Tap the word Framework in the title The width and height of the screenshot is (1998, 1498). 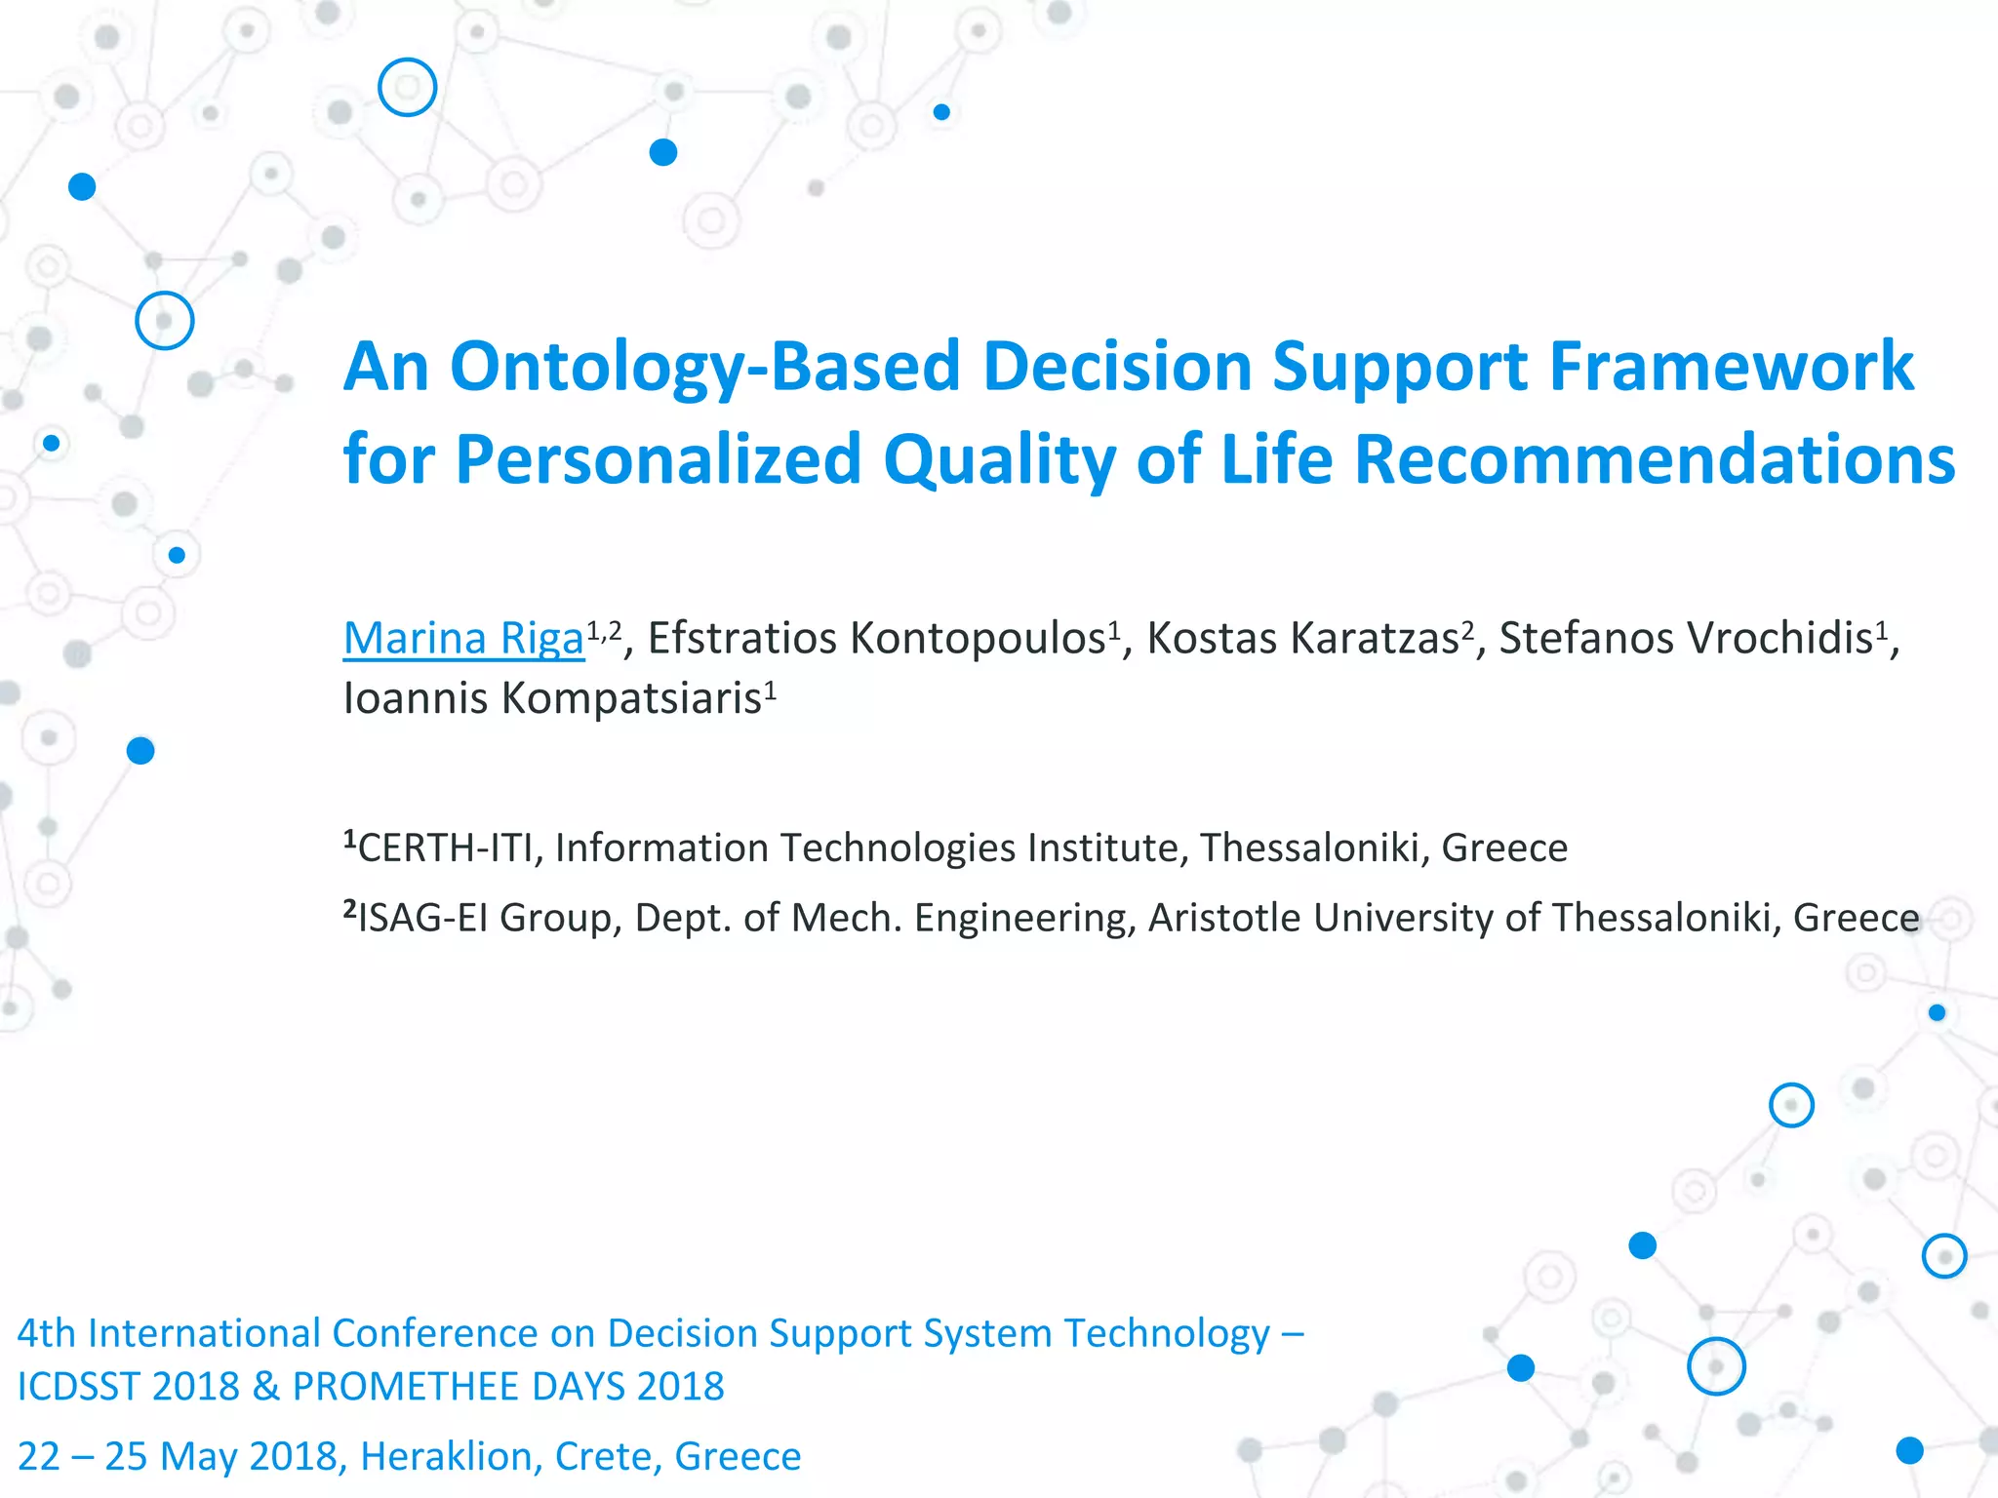tap(1731, 368)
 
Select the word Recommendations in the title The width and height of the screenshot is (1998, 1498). tap(1655, 459)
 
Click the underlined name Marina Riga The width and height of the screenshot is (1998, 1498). tap(463, 639)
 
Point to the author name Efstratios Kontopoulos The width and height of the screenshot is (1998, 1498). tap(876, 639)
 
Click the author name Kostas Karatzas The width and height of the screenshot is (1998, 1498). tap(1302, 639)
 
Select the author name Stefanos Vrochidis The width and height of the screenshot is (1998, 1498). tap(1686, 639)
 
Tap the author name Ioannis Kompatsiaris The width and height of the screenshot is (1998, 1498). tap(552, 698)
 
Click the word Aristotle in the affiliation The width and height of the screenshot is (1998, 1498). tap(1223, 919)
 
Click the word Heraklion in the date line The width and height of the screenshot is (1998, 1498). tap(446, 1457)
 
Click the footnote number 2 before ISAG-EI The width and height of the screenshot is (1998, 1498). tap(350, 909)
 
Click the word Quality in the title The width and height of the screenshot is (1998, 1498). tap(999, 459)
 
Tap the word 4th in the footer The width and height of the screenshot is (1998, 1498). tap(46, 1333)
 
